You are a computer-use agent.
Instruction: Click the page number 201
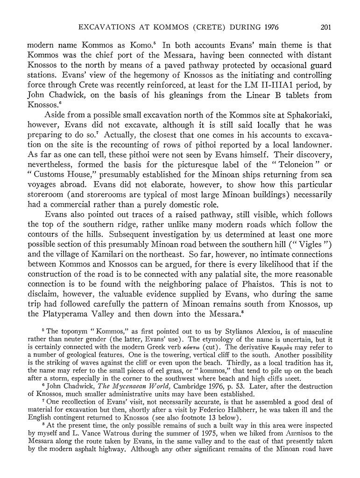tap(325, 27)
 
